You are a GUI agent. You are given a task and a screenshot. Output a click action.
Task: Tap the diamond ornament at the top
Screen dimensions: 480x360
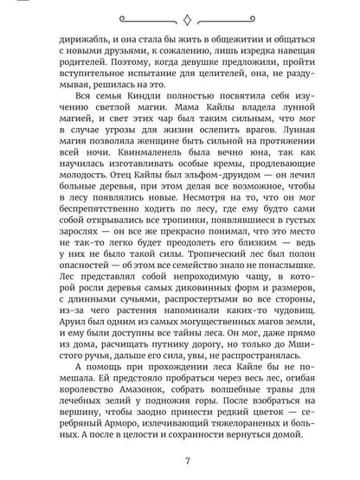(x=179, y=13)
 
